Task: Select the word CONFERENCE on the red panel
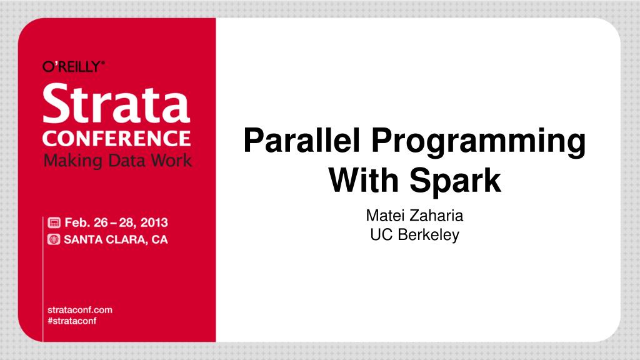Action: coord(116,137)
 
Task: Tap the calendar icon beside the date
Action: coord(54,223)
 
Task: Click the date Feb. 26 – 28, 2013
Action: coord(116,223)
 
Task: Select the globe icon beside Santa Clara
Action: coord(54,239)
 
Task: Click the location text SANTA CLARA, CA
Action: coord(116,239)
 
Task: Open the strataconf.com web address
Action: coord(80,309)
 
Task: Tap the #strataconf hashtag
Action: coord(72,321)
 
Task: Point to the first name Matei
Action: coord(382,217)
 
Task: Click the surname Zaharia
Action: coord(439,217)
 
